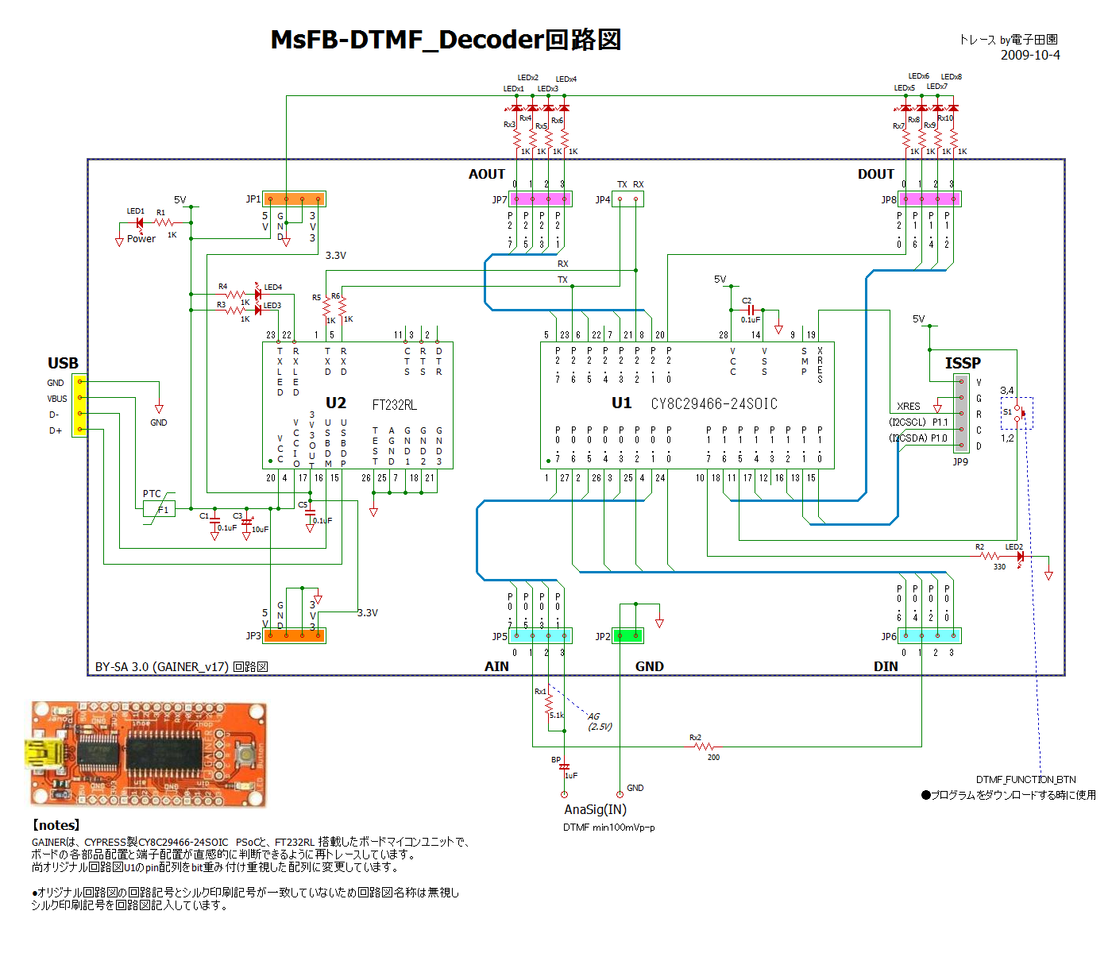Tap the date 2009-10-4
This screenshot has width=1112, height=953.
[x=1029, y=55]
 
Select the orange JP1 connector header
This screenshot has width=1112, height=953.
[x=294, y=199]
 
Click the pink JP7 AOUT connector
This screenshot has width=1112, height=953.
[x=540, y=199]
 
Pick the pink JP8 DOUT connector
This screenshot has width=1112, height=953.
[x=929, y=199]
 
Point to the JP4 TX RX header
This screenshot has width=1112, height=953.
[x=627, y=199]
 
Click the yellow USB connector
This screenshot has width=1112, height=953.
[x=79, y=406]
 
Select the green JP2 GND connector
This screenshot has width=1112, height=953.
[x=627, y=635]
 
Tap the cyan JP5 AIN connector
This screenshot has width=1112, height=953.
[x=540, y=635]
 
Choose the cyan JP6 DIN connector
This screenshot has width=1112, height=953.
[x=929, y=635]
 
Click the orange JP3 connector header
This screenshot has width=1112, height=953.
[x=294, y=635]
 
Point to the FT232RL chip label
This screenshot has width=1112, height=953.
[x=394, y=405]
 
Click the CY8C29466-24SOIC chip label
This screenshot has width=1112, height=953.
[x=713, y=404]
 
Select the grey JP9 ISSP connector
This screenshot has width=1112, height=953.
[x=961, y=414]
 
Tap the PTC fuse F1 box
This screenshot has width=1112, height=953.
[x=159, y=509]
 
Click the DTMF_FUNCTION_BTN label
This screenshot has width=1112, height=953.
[x=1025, y=779]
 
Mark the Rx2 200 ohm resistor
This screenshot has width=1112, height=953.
[x=704, y=747]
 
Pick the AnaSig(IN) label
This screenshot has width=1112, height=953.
[x=595, y=809]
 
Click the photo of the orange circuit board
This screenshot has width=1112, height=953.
[x=149, y=754]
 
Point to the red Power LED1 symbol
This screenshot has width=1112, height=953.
[x=139, y=223]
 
